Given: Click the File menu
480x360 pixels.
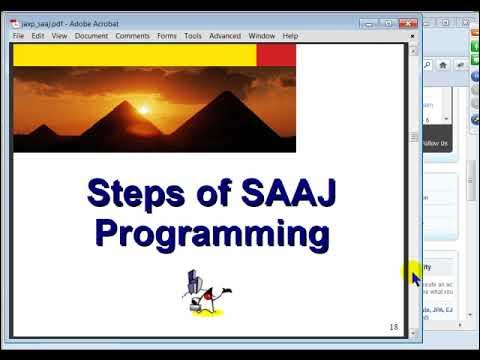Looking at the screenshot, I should (x=18, y=36).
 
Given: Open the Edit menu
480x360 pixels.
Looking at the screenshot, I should (x=37, y=36).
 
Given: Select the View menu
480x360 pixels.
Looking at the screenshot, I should (x=59, y=36).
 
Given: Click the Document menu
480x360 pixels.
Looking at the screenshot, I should (x=91, y=36).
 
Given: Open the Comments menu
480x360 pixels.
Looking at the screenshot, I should (x=132, y=36).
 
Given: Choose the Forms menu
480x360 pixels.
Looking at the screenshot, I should (x=167, y=36).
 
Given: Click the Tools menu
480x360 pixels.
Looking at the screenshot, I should (x=192, y=36).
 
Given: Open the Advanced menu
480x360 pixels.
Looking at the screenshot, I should (x=225, y=36).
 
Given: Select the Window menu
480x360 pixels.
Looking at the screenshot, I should (x=262, y=36).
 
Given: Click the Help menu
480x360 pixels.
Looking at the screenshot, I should (x=290, y=36).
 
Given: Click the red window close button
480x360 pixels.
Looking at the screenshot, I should (x=406, y=22).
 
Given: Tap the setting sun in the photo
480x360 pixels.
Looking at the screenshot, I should (x=144, y=110).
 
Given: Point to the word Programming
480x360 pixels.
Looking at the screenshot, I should (x=212, y=235).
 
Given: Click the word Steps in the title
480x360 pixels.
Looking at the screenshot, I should (x=135, y=192).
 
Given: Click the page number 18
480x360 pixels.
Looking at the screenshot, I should (x=393, y=327).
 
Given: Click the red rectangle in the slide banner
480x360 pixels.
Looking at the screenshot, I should (x=276, y=55).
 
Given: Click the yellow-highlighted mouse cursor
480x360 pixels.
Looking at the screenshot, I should (x=414, y=274).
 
